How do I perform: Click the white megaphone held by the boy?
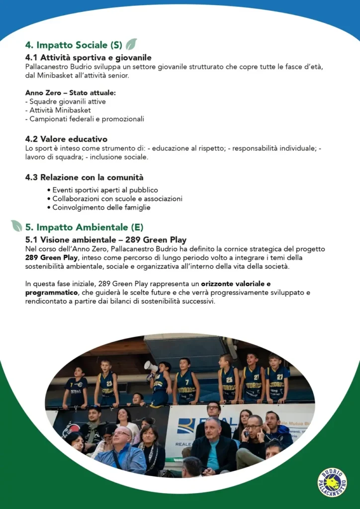pyautogui.click(x=151, y=367)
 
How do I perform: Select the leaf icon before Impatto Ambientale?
pyautogui.click(x=16, y=227)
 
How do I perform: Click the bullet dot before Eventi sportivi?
pyautogui.click(x=49, y=190)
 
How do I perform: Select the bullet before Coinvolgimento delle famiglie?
pyautogui.click(x=49, y=208)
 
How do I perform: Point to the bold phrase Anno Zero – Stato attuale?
pyautogui.click(x=70, y=93)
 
